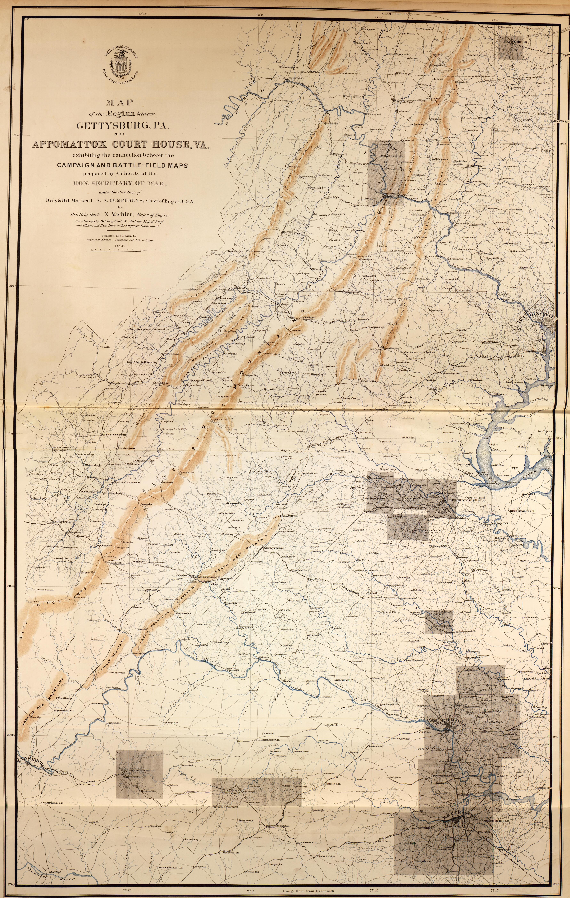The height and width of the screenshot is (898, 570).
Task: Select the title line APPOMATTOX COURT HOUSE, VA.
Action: point(120,145)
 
